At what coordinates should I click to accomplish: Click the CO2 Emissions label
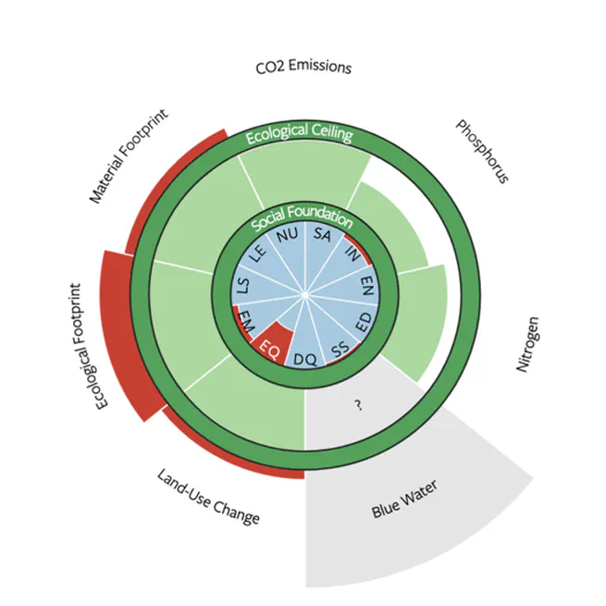tap(303, 68)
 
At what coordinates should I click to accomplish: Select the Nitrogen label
tap(527, 345)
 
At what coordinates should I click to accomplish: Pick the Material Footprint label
tap(135, 159)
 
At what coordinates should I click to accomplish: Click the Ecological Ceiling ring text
tap(300, 133)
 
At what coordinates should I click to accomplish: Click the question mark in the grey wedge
tap(357, 405)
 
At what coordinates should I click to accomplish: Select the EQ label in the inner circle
tap(269, 349)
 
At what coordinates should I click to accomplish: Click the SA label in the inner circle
tap(322, 237)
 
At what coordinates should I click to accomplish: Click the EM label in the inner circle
tap(247, 320)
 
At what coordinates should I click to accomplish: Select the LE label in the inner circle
tap(259, 253)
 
